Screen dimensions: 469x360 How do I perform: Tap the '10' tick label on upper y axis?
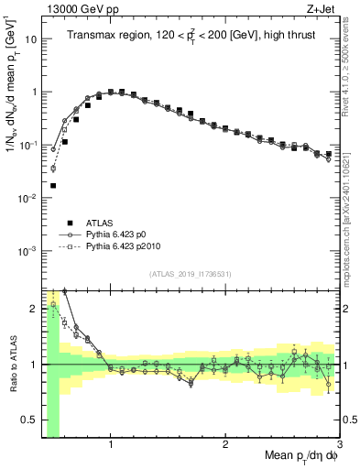point(30,40)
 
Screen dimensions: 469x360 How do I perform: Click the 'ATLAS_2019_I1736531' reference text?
point(190,275)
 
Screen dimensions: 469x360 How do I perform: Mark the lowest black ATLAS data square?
point(53,185)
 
